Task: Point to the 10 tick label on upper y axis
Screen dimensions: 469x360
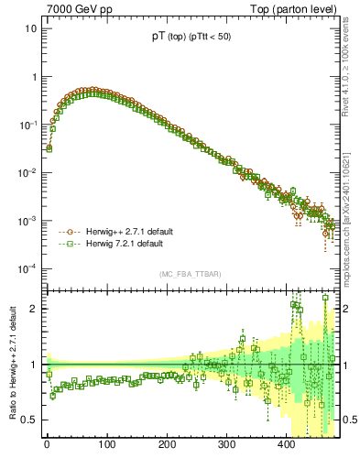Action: click(x=30, y=28)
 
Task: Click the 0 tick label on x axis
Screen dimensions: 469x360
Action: click(x=47, y=444)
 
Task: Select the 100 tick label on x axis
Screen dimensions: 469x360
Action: click(x=106, y=444)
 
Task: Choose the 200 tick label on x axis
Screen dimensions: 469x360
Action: click(x=166, y=444)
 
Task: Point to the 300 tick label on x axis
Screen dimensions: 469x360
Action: click(x=226, y=444)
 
